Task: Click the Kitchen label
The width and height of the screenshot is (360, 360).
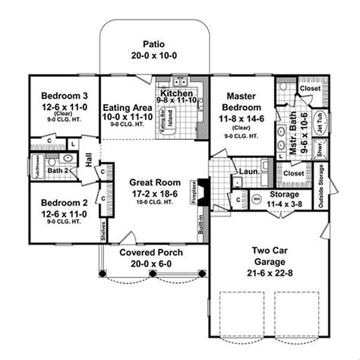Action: point(176,90)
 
